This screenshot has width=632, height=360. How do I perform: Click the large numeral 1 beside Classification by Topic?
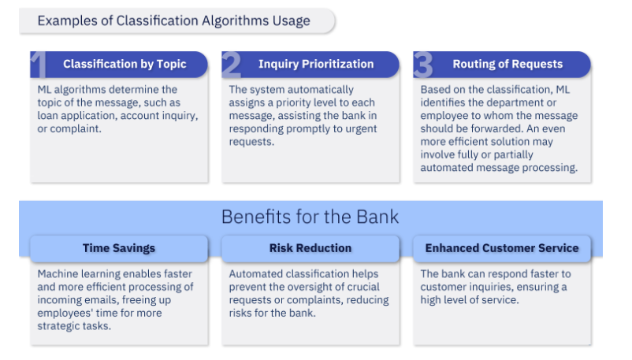point(39,65)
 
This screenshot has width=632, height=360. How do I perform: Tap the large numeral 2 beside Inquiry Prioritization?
point(232,65)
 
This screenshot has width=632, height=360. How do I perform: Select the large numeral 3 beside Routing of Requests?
point(423,65)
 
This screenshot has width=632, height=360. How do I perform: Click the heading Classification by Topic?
point(125,64)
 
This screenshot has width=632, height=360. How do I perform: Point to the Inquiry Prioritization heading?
point(316,64)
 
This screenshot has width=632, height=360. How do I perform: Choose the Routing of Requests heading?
point(507,64)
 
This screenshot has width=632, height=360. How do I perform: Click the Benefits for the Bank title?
point(310,217)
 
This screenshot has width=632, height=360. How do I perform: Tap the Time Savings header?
point(119,248)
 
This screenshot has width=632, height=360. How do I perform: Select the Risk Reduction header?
point(310,248)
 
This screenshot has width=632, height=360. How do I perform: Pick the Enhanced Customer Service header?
point(502,248)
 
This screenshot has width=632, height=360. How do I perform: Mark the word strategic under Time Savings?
point(54,326)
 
